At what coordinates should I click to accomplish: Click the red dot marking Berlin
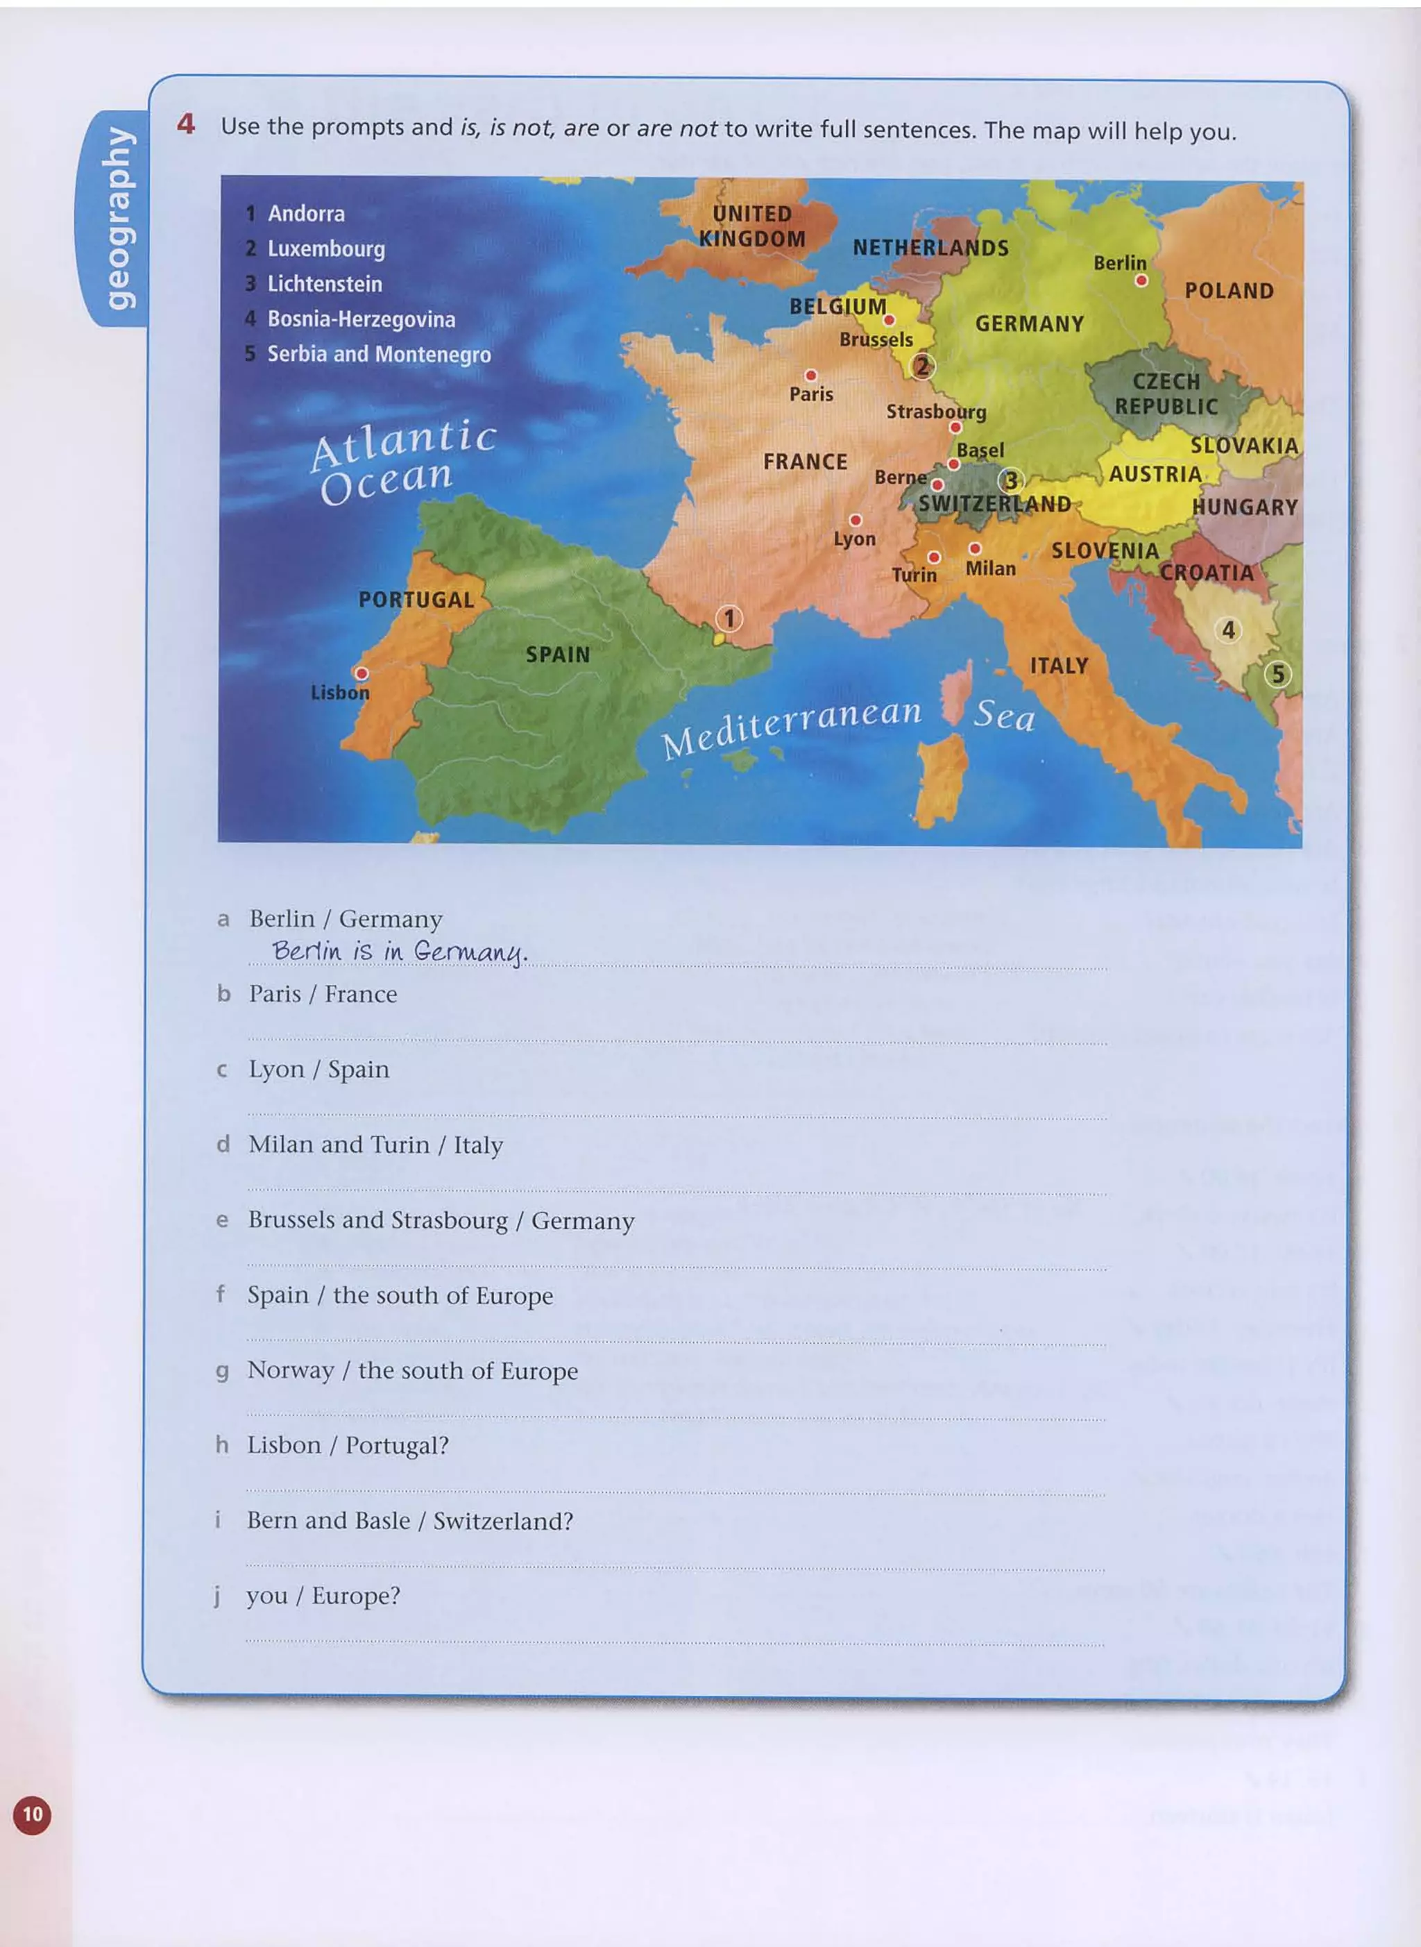[x=1141, y=280]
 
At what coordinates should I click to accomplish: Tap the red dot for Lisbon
[x=362, y=673]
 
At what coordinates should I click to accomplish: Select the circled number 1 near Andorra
[x=729, y=618]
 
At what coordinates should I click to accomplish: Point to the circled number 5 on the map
[x=1278, y=674]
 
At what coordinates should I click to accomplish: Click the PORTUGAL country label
[x=416, y=600]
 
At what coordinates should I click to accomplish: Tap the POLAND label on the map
[x=1229, y=291]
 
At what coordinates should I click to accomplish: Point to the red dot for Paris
[x=810, y=375]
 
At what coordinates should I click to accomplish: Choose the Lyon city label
[x=854, y=539]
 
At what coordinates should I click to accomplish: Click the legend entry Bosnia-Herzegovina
[x=361, y=319]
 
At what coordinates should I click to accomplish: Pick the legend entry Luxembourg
[x=326, y=248]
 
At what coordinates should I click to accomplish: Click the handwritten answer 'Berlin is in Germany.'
[x=399, y=951]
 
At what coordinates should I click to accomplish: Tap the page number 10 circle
[x=32, y=1814]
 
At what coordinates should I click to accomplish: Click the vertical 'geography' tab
[x=119, y=218]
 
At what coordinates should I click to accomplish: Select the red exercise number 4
[x=186, y=125]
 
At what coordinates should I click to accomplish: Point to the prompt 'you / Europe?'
[x=323, y=1595]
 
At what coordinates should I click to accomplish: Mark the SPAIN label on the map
[x=559, y=655]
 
